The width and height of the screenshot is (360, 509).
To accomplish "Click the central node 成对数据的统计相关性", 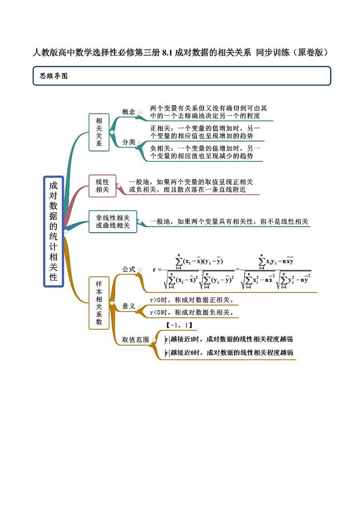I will pyautogui.click(x=54, y=231).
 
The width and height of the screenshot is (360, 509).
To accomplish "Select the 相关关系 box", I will pyautogui.click(x=99, y=132).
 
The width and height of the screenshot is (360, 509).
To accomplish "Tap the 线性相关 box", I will pyautogui.click(x=102, y=186).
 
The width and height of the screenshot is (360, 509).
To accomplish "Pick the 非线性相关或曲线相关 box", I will pyautogui.click(x=113, y=221).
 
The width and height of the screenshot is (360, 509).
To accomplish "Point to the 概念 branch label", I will pyautogui.click(x=129, y=112).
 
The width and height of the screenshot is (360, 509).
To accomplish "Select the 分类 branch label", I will pyautogui.click(x=129, y=142).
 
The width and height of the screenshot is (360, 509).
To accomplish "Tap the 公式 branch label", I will pyautogui.click(x=129, y=269).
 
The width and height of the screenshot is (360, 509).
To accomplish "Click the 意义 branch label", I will pyautogui.click(x=129, y=306).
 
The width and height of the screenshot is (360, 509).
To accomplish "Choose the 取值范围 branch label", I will pyautogui.click(x=136, y=340).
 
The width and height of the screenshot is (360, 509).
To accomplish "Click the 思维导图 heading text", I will pyautogui.click(x=54, y=76).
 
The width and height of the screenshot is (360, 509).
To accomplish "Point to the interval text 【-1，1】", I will pyautogui.click(x=180, y=325).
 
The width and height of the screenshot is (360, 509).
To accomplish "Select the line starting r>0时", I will pyautogui.click(x=192, y=300).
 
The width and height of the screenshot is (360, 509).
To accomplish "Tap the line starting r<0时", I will pyautogui.click(x=192, y=312).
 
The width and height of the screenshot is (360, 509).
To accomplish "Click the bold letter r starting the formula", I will pyautogui.click(x=155, y=269).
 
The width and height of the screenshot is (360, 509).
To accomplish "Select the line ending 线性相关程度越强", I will pyautogui.click(x=229, y=339).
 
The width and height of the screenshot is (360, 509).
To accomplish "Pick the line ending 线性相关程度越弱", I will pyautogui.click(x=229, y=352).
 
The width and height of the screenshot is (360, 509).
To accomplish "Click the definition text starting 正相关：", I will pyautogui.click(x=205, y=132).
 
